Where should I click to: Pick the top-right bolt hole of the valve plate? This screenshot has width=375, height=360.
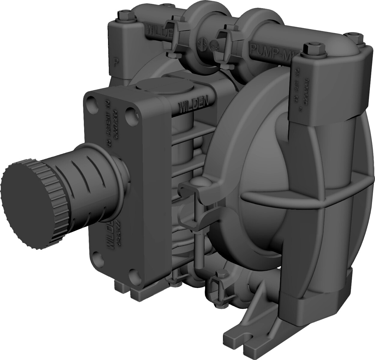click(130, 113)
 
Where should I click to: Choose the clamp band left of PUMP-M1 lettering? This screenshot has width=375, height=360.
click(225, 45)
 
